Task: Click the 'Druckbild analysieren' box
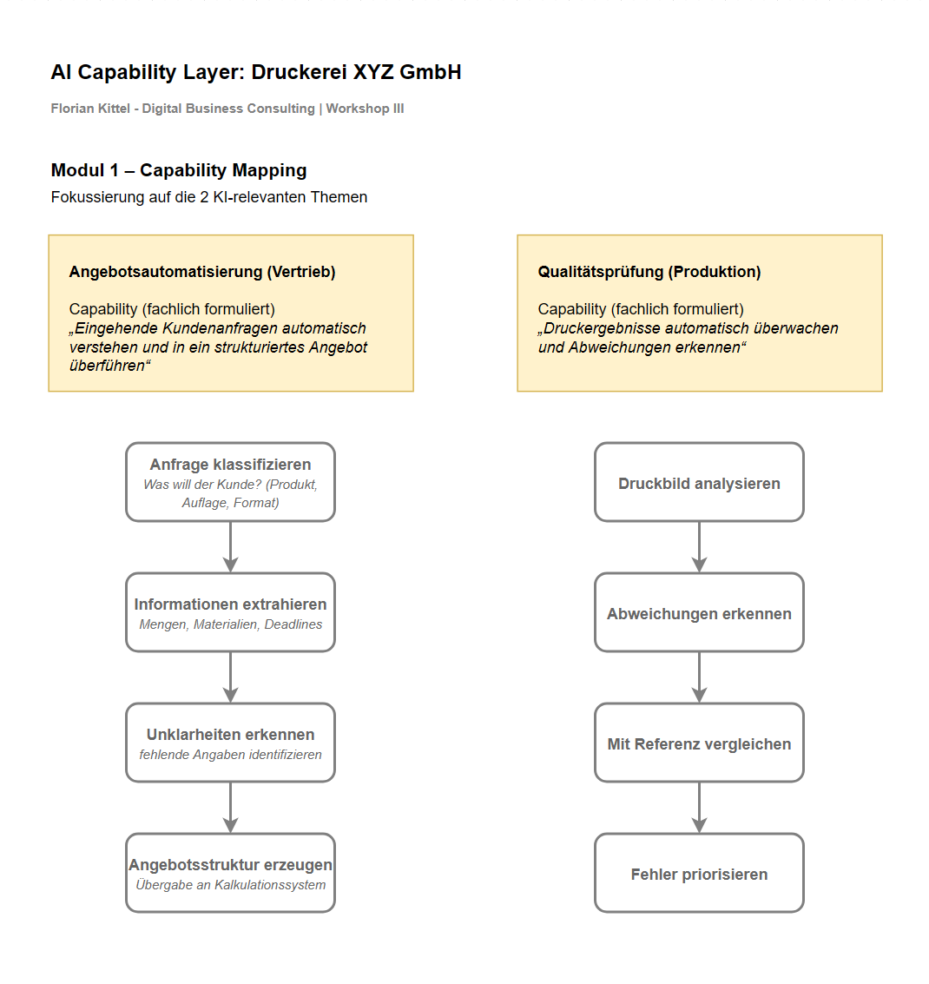tap(699, 483)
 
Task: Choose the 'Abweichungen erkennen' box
tap(699, 613)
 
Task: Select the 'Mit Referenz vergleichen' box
tap(699, 743)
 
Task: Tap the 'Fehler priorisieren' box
tap(699, 874)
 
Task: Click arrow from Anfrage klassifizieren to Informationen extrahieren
tap(230, 547)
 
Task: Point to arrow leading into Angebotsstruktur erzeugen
tap(230, 808)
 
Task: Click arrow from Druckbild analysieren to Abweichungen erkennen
tap(699, 547)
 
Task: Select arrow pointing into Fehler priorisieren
tap(699, 808)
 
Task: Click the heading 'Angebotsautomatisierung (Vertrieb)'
tap(202, 272)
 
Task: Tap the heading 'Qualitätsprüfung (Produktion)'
tap(649, 272)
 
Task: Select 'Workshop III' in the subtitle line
tap(365, 109)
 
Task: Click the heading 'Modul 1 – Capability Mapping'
tap(179, 170)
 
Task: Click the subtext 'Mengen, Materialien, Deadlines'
tap(230, 624)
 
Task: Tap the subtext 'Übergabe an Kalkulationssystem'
tap(230, 885)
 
